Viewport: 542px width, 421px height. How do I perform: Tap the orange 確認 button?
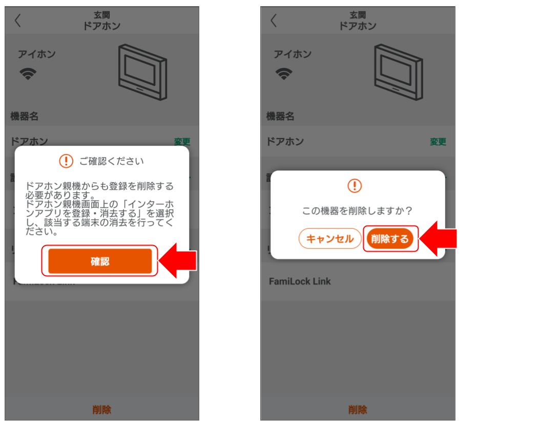click(100, 261)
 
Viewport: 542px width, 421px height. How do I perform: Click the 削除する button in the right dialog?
click(390, 239)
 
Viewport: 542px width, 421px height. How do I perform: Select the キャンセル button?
click(329, 239)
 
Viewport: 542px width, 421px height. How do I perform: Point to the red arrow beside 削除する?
click(438, 238)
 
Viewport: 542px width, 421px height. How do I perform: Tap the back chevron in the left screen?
click(18, 20)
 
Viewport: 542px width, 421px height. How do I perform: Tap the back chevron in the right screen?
click(274, 20)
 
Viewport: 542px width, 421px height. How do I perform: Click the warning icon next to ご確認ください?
click(66, 161)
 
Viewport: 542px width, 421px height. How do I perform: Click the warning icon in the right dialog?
click(355, 186)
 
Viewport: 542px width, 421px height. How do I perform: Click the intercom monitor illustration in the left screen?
click(142, 72)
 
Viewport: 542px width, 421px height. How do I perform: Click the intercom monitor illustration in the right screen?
click(398, 72)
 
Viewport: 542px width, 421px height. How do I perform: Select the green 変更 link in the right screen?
click(438, 142)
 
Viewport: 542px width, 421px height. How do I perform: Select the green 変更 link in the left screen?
click(182, 142)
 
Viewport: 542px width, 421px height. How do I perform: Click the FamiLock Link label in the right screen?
click(300, 281)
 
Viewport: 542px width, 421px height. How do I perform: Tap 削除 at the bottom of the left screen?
click(101, 410)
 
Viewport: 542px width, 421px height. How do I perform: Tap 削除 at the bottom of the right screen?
click(358, 410)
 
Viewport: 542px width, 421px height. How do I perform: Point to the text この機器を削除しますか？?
click(357, 211)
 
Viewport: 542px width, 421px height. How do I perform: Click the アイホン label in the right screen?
click(293, 54)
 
